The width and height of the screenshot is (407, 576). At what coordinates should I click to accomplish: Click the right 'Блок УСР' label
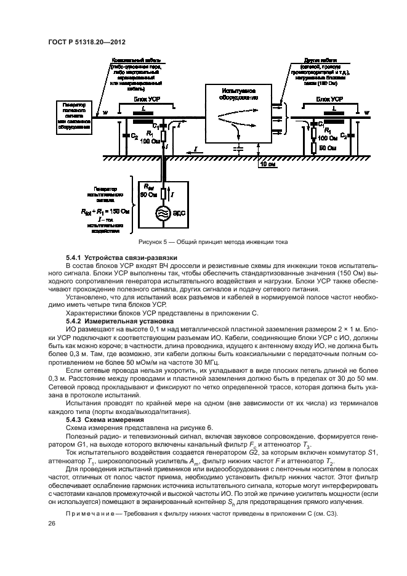326,99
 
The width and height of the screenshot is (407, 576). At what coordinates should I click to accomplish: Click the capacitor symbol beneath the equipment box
238,148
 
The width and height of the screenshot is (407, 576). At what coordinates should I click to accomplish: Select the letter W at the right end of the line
367,113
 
